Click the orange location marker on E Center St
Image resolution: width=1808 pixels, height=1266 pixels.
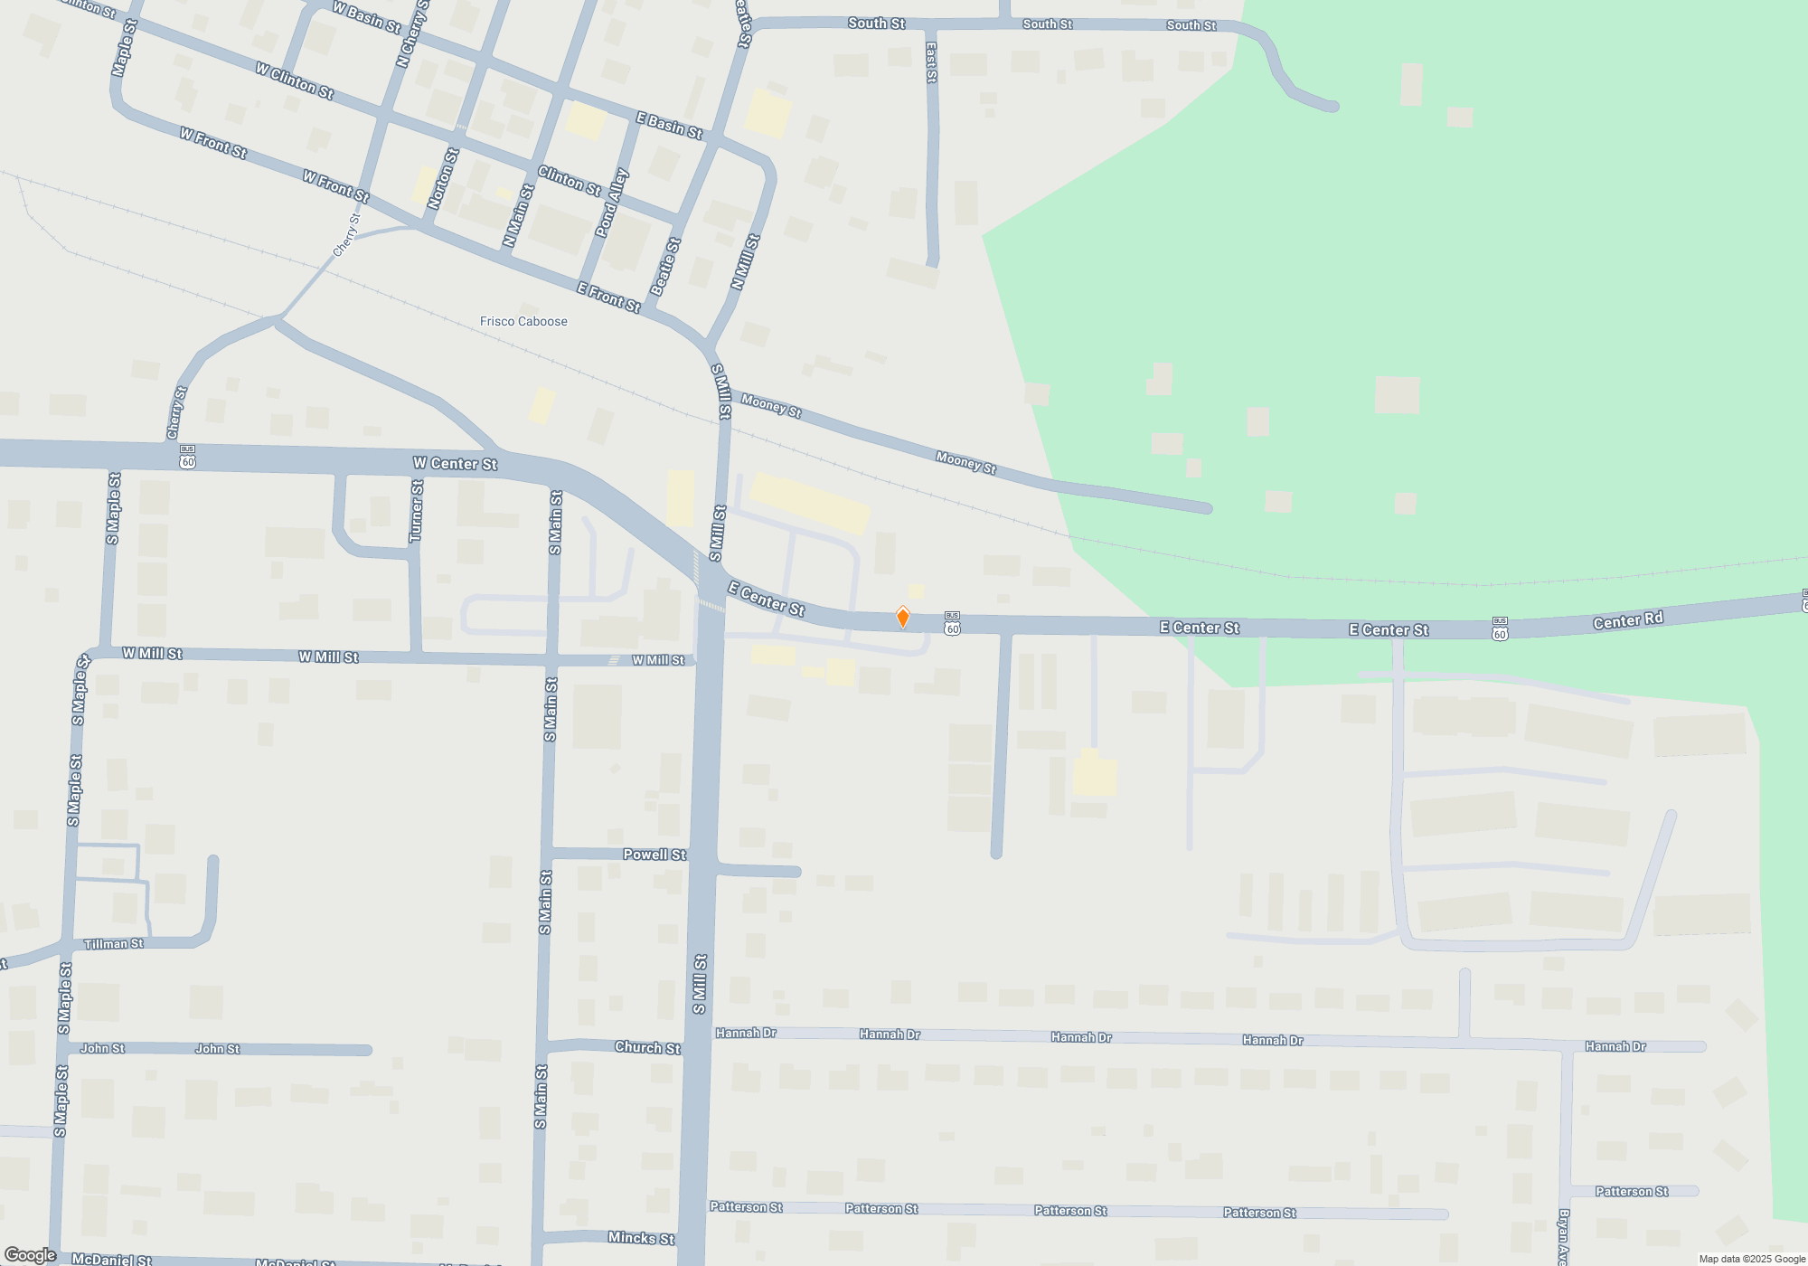902,618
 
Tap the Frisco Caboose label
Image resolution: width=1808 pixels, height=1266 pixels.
523,322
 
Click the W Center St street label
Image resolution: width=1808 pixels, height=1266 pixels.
455,464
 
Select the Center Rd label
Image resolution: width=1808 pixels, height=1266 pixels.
1627,620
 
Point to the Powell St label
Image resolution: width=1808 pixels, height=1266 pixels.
654,855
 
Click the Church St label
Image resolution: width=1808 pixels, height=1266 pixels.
647,1047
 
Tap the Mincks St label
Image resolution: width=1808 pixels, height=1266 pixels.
641,1238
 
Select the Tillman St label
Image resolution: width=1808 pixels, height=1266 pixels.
113,944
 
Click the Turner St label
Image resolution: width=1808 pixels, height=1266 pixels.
417,512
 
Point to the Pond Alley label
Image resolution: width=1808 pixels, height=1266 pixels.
612,203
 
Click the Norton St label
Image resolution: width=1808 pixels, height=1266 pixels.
443,179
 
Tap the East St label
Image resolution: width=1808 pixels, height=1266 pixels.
931,62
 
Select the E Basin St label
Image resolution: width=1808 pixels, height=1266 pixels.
669,125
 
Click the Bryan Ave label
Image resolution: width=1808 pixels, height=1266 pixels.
1564,1237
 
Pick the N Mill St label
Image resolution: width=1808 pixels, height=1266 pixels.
745,262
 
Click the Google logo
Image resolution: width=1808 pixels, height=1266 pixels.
30,1255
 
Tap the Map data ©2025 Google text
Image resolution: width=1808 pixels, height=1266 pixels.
1752,1259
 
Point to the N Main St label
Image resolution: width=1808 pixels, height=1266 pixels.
519,216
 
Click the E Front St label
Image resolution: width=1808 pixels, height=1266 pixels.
608,298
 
